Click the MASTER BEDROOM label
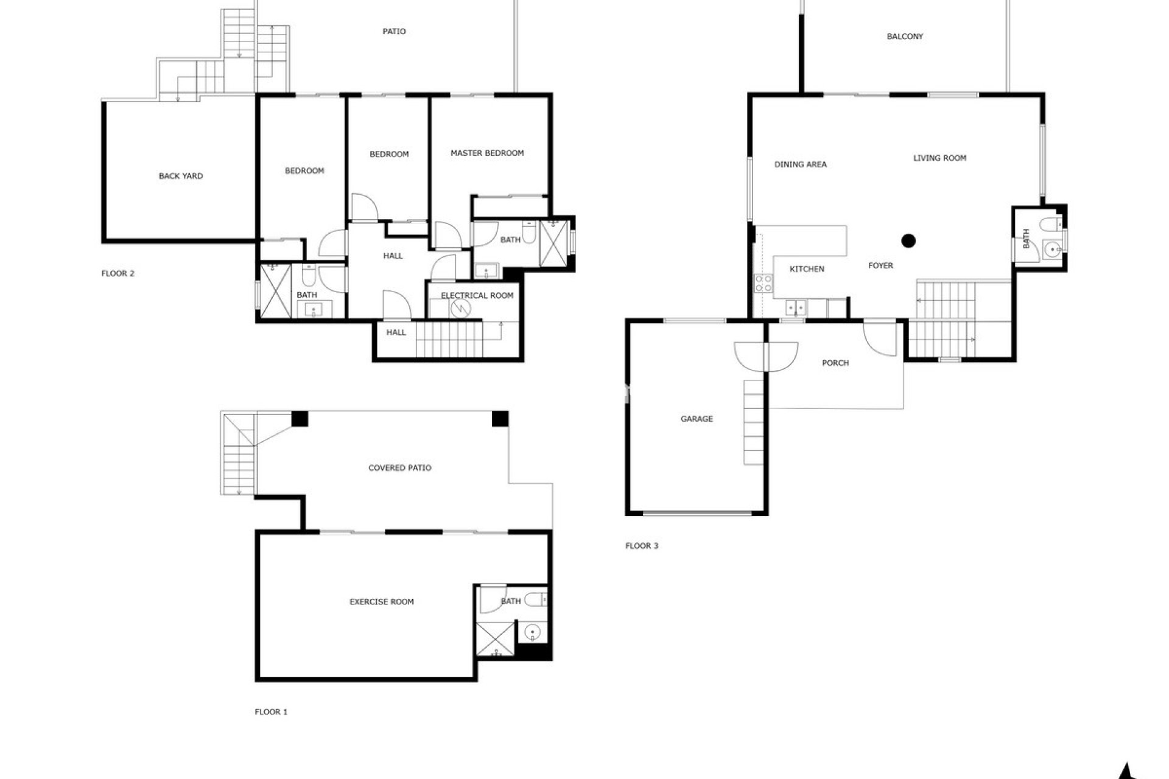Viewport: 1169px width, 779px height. coord(487,153)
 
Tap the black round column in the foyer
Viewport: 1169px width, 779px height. coord(908,241)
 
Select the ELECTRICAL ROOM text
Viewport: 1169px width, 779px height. coord(477,296)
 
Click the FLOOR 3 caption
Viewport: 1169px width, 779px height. coord(642,546)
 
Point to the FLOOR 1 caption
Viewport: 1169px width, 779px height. coord(271,711)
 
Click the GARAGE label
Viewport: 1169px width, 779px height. coord(697,419)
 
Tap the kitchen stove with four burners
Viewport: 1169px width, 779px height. coord(764,283)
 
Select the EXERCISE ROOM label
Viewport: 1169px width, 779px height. coord(381,602)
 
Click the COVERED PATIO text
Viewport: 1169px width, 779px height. coord(399,468)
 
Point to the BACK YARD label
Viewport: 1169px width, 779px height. coord(180,176)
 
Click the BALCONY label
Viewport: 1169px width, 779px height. coord(905,37)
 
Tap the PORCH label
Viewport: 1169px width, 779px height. coord(835,363)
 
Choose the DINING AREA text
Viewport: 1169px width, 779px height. coord(800,164)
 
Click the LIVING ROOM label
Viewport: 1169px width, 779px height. coord(939,158)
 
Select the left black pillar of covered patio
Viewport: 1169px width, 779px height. coord(300,419)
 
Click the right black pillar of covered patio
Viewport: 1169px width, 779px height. coord(500,419)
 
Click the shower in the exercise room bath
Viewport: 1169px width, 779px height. coord(495,639)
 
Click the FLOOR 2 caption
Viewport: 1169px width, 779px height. coord(118,274)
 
